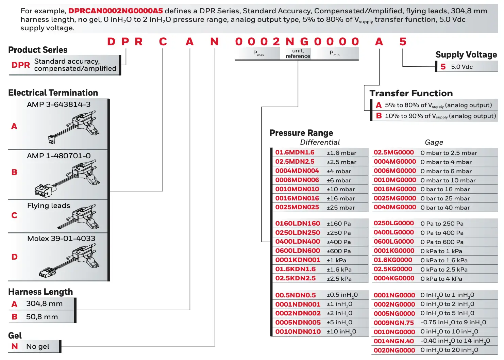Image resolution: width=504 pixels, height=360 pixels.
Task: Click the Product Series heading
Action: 38,50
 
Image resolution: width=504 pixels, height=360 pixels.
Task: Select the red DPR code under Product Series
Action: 20,65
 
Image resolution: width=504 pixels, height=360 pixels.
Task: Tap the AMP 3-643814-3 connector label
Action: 59,104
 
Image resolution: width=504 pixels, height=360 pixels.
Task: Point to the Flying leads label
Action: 49,206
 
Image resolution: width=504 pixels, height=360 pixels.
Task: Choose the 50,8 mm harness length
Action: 42,317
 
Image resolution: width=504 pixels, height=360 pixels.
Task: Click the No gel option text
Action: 38,346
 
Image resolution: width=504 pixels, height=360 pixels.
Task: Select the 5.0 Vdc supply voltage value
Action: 461,67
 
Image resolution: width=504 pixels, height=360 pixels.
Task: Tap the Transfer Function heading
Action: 411,93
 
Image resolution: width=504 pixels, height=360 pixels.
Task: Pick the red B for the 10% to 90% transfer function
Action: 379,116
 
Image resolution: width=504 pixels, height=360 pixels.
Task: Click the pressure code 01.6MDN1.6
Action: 295,152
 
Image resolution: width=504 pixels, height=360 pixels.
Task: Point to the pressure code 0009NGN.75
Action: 394,323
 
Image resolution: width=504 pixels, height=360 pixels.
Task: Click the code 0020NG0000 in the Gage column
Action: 394,350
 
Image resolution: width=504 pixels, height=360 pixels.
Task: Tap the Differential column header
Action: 320,142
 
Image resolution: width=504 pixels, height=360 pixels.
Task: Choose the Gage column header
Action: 434,142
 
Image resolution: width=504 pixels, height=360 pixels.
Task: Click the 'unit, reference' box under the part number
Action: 298,53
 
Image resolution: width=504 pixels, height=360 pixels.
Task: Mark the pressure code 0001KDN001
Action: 298,260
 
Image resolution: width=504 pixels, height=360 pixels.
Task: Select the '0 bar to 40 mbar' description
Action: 445,208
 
